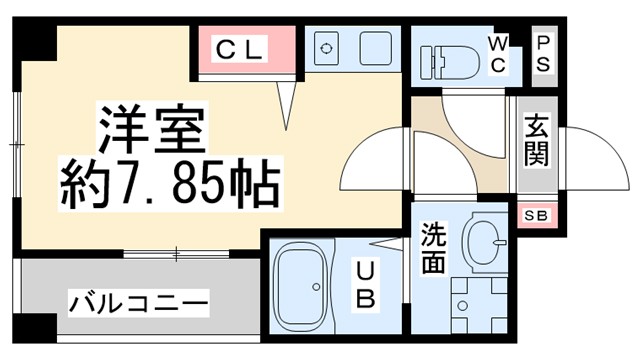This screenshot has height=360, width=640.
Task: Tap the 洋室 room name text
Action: [x=150, y=127]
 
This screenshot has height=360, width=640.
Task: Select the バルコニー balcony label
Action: [x=138, y=302]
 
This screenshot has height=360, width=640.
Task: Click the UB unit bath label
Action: [x=366, y=283]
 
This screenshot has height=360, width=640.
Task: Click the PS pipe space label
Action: [x=545, y=53]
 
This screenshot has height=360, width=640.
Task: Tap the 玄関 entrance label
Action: [x=536, y=141]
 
